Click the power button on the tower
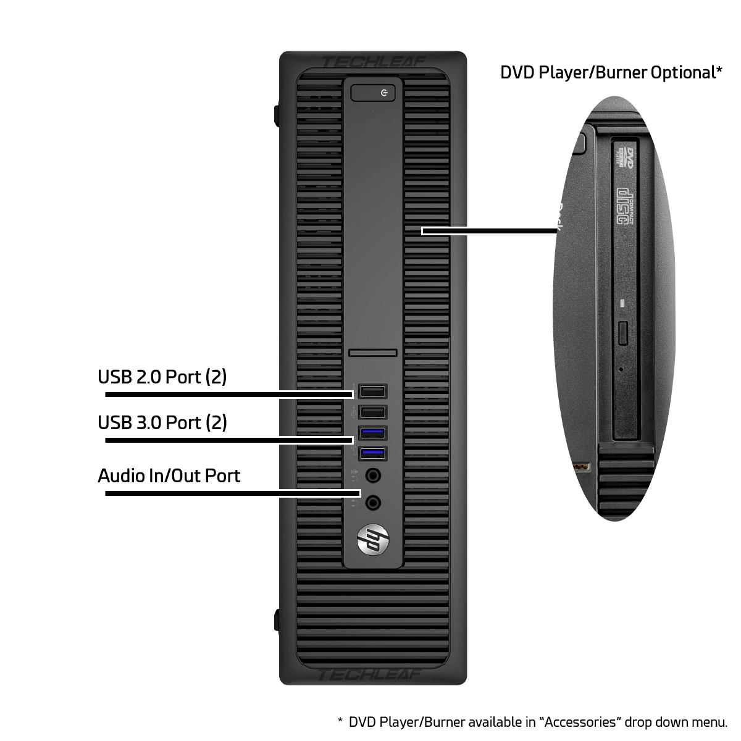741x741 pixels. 373,93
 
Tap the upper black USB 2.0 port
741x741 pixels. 372,391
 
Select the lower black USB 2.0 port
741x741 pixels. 372,412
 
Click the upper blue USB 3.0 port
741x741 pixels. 372,432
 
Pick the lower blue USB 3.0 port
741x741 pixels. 372,454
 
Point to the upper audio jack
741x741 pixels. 372,476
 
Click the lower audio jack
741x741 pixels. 372,503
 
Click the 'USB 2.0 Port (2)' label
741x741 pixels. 162,377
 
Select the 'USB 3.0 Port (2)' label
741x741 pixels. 162,423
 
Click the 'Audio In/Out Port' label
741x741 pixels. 169,476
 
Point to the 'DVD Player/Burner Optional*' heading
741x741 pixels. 611,73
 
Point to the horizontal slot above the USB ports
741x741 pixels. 372,353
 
